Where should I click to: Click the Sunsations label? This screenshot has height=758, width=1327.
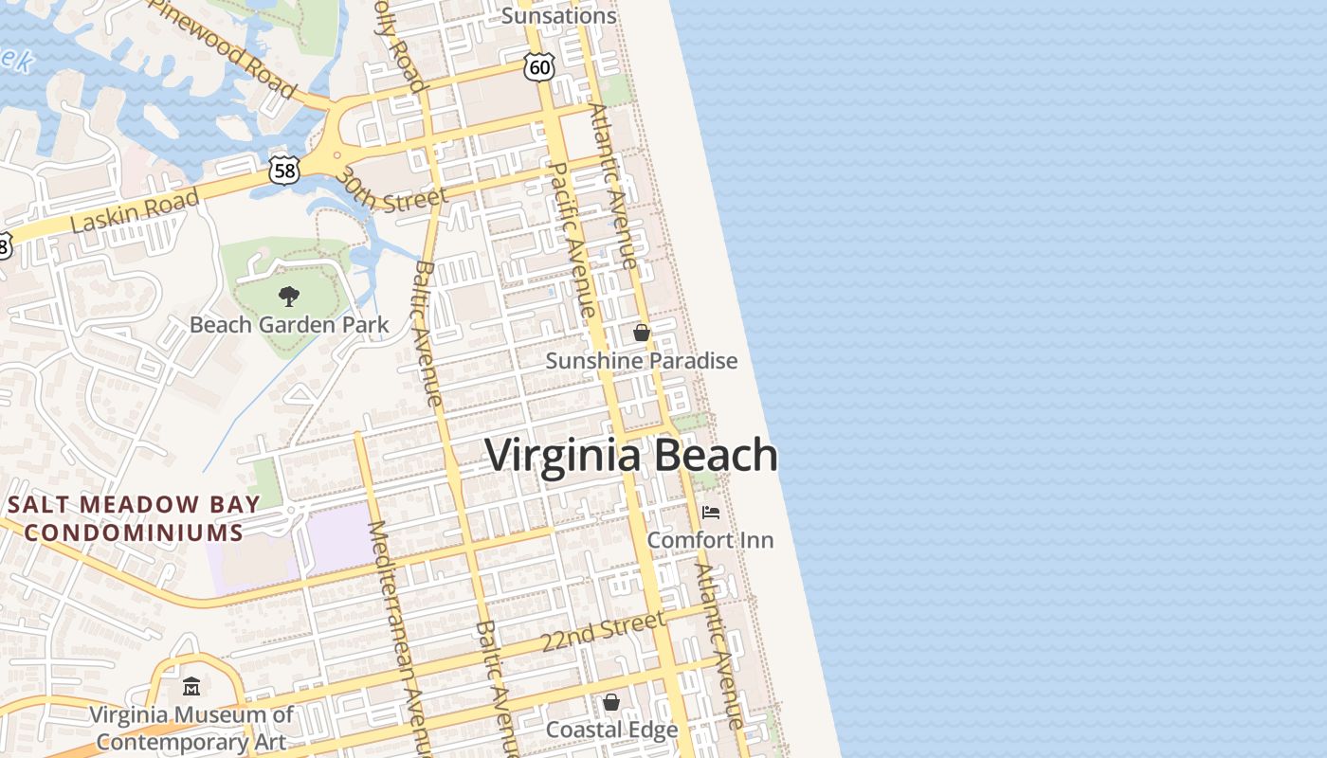coord(558,16)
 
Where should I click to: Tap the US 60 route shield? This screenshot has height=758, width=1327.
coord(538,67)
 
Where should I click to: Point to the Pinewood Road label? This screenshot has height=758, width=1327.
coord(236,47)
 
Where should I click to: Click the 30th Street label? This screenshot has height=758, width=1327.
coord(390,190)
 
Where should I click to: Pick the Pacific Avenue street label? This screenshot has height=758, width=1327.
coord(572,240)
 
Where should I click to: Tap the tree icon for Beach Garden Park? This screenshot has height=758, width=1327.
coord(288,297)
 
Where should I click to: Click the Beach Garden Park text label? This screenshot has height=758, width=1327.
coord(289,325)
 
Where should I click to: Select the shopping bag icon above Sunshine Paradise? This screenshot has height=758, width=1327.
coord(642,333)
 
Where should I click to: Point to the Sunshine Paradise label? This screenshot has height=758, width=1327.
coord(641,361)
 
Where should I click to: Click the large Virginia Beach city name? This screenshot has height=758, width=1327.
coord(631,455)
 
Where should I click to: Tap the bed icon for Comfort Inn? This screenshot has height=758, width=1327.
coord(711,513)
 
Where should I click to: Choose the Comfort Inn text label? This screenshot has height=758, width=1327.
coord(710,540)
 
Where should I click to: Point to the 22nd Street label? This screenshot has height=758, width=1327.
coord(603,631)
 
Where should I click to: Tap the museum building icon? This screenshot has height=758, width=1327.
coord(191,685)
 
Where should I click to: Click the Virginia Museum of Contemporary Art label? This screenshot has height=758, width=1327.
coord(191,728)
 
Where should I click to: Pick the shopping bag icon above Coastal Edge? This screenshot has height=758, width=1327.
coord(611,702)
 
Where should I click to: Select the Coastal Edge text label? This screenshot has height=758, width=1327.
coord(611,730)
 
